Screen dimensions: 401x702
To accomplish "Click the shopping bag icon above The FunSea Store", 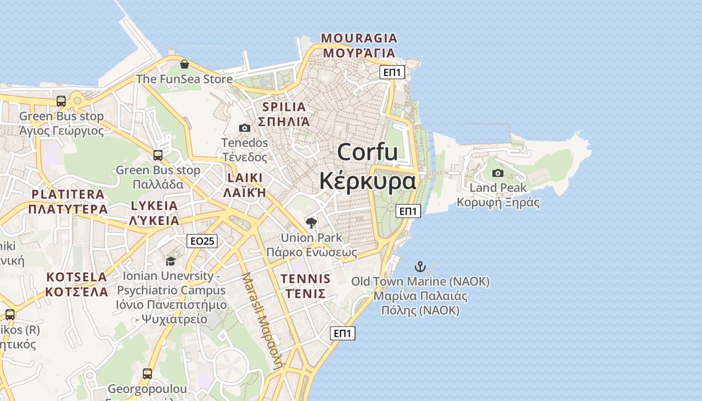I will pyautogui.click(x=185, y=64).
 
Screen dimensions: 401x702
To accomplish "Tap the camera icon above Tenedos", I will pyautogui.click(x=245, y=128).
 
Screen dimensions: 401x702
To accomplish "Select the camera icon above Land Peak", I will pyautogui.click(x=498, y=173).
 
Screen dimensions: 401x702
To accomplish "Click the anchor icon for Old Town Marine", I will pyautogui.click(x=420, y=267).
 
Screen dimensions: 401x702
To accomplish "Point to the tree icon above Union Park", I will pyautogui.click(x=311, y=223).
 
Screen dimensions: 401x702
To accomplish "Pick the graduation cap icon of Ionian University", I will pyautogui.click(x=170, y=261).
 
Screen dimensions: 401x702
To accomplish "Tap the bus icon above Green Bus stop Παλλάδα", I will pyautogui.click(x=158, y=155).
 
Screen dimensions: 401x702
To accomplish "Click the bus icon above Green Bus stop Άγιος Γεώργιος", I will pyautogui.click(x=61, y=101).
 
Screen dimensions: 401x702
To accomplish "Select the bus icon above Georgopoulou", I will pyautogui.click(x=147, y=374).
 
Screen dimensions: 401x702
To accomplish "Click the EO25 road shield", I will pyautogui.click(x=203, y=241).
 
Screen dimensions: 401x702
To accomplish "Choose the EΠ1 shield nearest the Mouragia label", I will pyautogui.click(x=392, y=73).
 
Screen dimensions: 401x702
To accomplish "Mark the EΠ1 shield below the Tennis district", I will pyautogui.click(x=343, y=333).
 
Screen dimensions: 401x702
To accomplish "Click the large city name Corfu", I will pyautogui.click(x=368, y=152).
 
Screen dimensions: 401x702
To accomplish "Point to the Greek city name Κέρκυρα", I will pyautogui.click(x=368, y=180).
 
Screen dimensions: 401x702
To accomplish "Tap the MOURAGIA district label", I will pyautogui.click(x=359, y=38).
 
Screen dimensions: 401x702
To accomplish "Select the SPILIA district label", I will pyautogui.click(x=284, y=107).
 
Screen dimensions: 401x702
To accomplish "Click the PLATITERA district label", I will pyautogui.click(x=68, y=194).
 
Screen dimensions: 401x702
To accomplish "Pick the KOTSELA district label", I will pyautogui.click(x=77, y=277).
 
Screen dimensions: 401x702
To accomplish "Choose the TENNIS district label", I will pyautogui.click(x=306, y=279).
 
